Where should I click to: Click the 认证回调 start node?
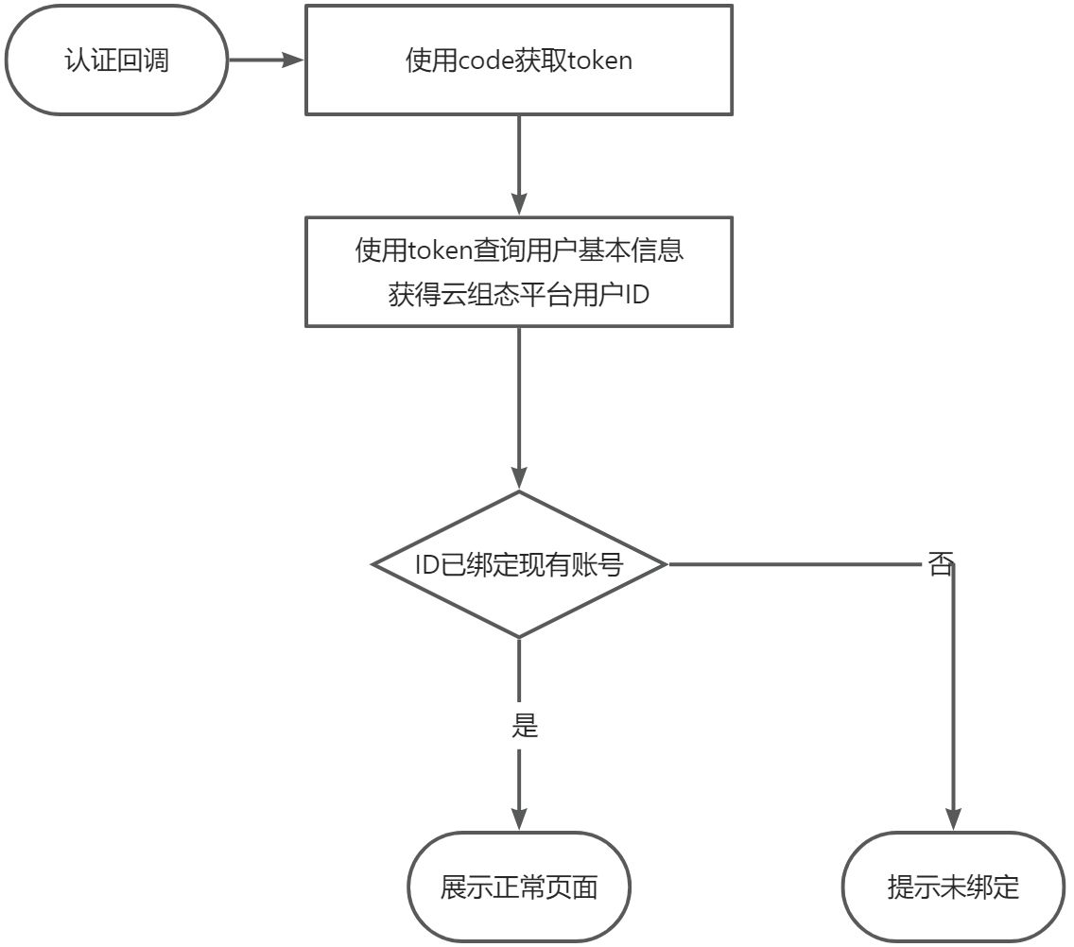coord(116,60)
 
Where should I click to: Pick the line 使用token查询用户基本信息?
coord(519,251)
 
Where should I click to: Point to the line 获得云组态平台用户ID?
coord(519,294)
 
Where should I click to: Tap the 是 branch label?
coord(524,725)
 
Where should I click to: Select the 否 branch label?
coord(939,565)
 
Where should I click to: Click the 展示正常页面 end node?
coord(519,887)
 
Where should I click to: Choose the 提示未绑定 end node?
coord(953,887)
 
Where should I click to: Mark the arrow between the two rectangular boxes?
coord(519,165)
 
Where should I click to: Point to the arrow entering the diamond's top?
coord(519,406)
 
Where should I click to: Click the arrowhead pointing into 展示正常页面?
coord(519,819)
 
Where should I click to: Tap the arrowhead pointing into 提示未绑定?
coord(953,819)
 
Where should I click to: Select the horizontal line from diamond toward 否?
coord(794,564)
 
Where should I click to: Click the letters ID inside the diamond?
coord(426,565)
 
